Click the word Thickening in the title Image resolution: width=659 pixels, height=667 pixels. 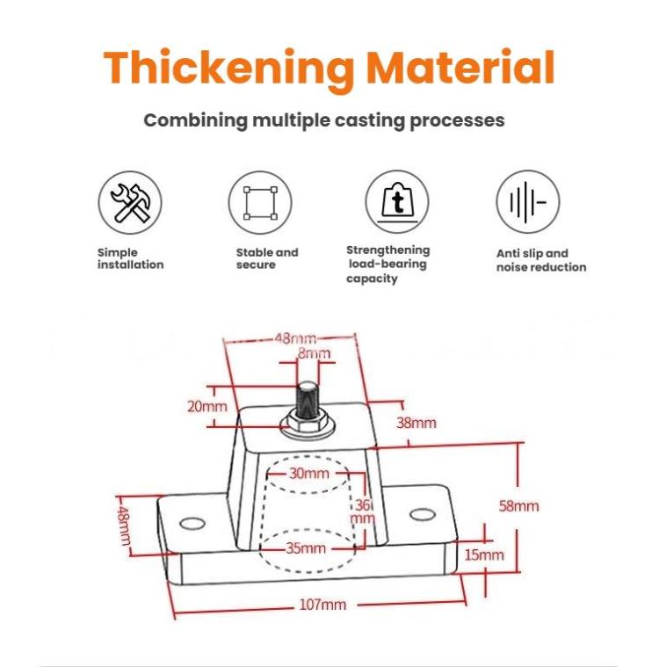point(228,69)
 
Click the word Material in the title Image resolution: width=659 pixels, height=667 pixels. point(460,67)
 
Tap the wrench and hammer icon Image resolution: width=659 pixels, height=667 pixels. point(130,202)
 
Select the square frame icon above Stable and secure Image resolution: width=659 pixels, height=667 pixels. point(260,203)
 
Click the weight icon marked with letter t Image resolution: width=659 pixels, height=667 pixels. point(397,202)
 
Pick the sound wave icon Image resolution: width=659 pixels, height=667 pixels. point(528,202)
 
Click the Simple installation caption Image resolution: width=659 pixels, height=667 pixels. point(130,258)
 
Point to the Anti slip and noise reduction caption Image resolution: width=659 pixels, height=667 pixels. point(541,260)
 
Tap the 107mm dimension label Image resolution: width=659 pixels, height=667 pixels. point(322,604)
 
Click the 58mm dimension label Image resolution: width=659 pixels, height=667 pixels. point(519,506)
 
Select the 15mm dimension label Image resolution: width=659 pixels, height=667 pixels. point(484,555)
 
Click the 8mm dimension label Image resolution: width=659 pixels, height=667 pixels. point(314,353)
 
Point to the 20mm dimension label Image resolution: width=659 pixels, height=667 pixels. point(207,406)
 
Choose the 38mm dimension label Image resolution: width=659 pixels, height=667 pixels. point(416,423)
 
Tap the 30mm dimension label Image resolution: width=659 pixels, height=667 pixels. point(309,474)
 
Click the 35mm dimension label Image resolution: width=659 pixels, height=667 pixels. point(306,547)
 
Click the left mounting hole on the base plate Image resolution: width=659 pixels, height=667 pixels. point(192,523)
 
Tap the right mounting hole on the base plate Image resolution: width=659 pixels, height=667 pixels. point(423,515)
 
